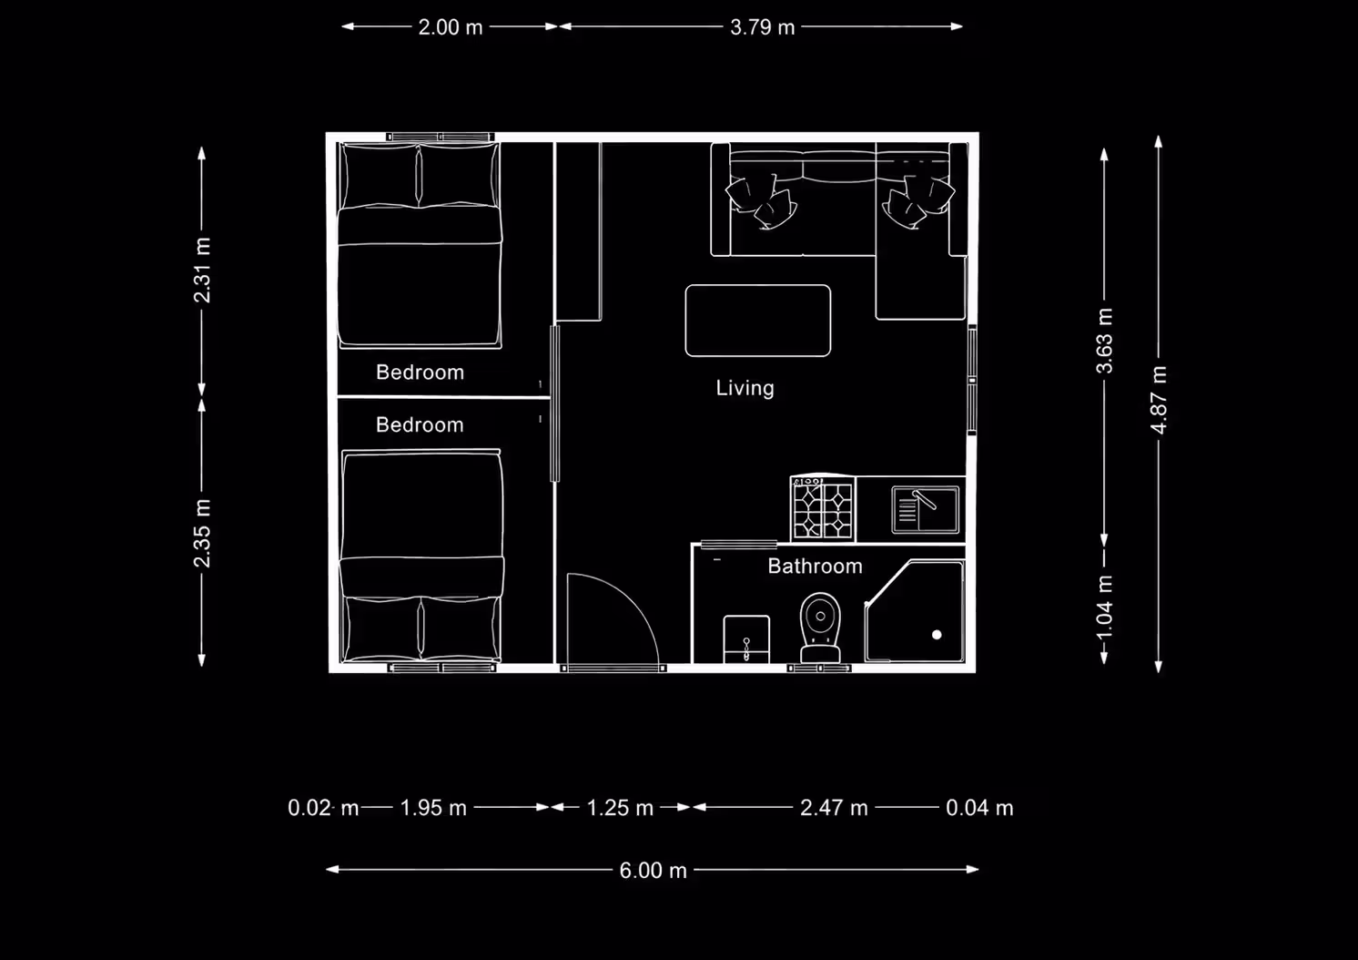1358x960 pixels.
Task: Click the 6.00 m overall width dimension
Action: point(653,870)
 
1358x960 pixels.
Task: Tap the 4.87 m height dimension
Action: point(1159,400)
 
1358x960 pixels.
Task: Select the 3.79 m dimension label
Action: point(762,27)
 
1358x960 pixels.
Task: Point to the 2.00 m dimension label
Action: point(451,27)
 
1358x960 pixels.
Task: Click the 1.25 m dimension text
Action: point(620,808)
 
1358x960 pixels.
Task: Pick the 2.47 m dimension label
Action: point(835,808)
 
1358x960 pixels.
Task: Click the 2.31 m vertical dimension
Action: point(202,270)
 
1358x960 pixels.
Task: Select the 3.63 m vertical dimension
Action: point(1105,341)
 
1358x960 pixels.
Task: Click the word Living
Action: point(745,388)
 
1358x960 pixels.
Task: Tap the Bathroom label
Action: point(815,567)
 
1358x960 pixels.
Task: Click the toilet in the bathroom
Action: point(820,628)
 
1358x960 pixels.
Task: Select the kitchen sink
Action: point(925,510)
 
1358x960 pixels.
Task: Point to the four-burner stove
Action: point(823,508)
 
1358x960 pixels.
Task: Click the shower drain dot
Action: point(937,635)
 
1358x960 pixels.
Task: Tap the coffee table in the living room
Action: point(758,321)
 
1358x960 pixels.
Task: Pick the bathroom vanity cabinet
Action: point(746,639)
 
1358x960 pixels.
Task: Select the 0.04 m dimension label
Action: point(979,808)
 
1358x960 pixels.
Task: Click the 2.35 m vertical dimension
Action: point(202,534)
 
